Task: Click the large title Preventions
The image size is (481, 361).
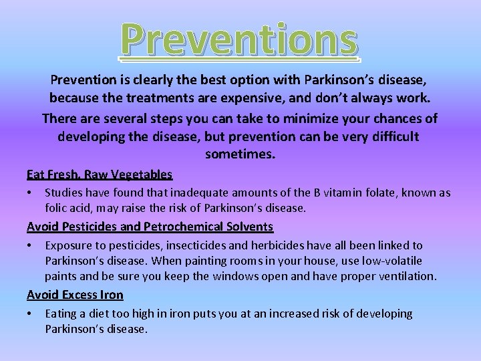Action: point(240,39)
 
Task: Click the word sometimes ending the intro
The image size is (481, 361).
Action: point(240,154)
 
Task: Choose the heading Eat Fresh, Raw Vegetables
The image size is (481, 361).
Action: point(100,174)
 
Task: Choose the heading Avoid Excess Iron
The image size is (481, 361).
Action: point(75,295)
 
